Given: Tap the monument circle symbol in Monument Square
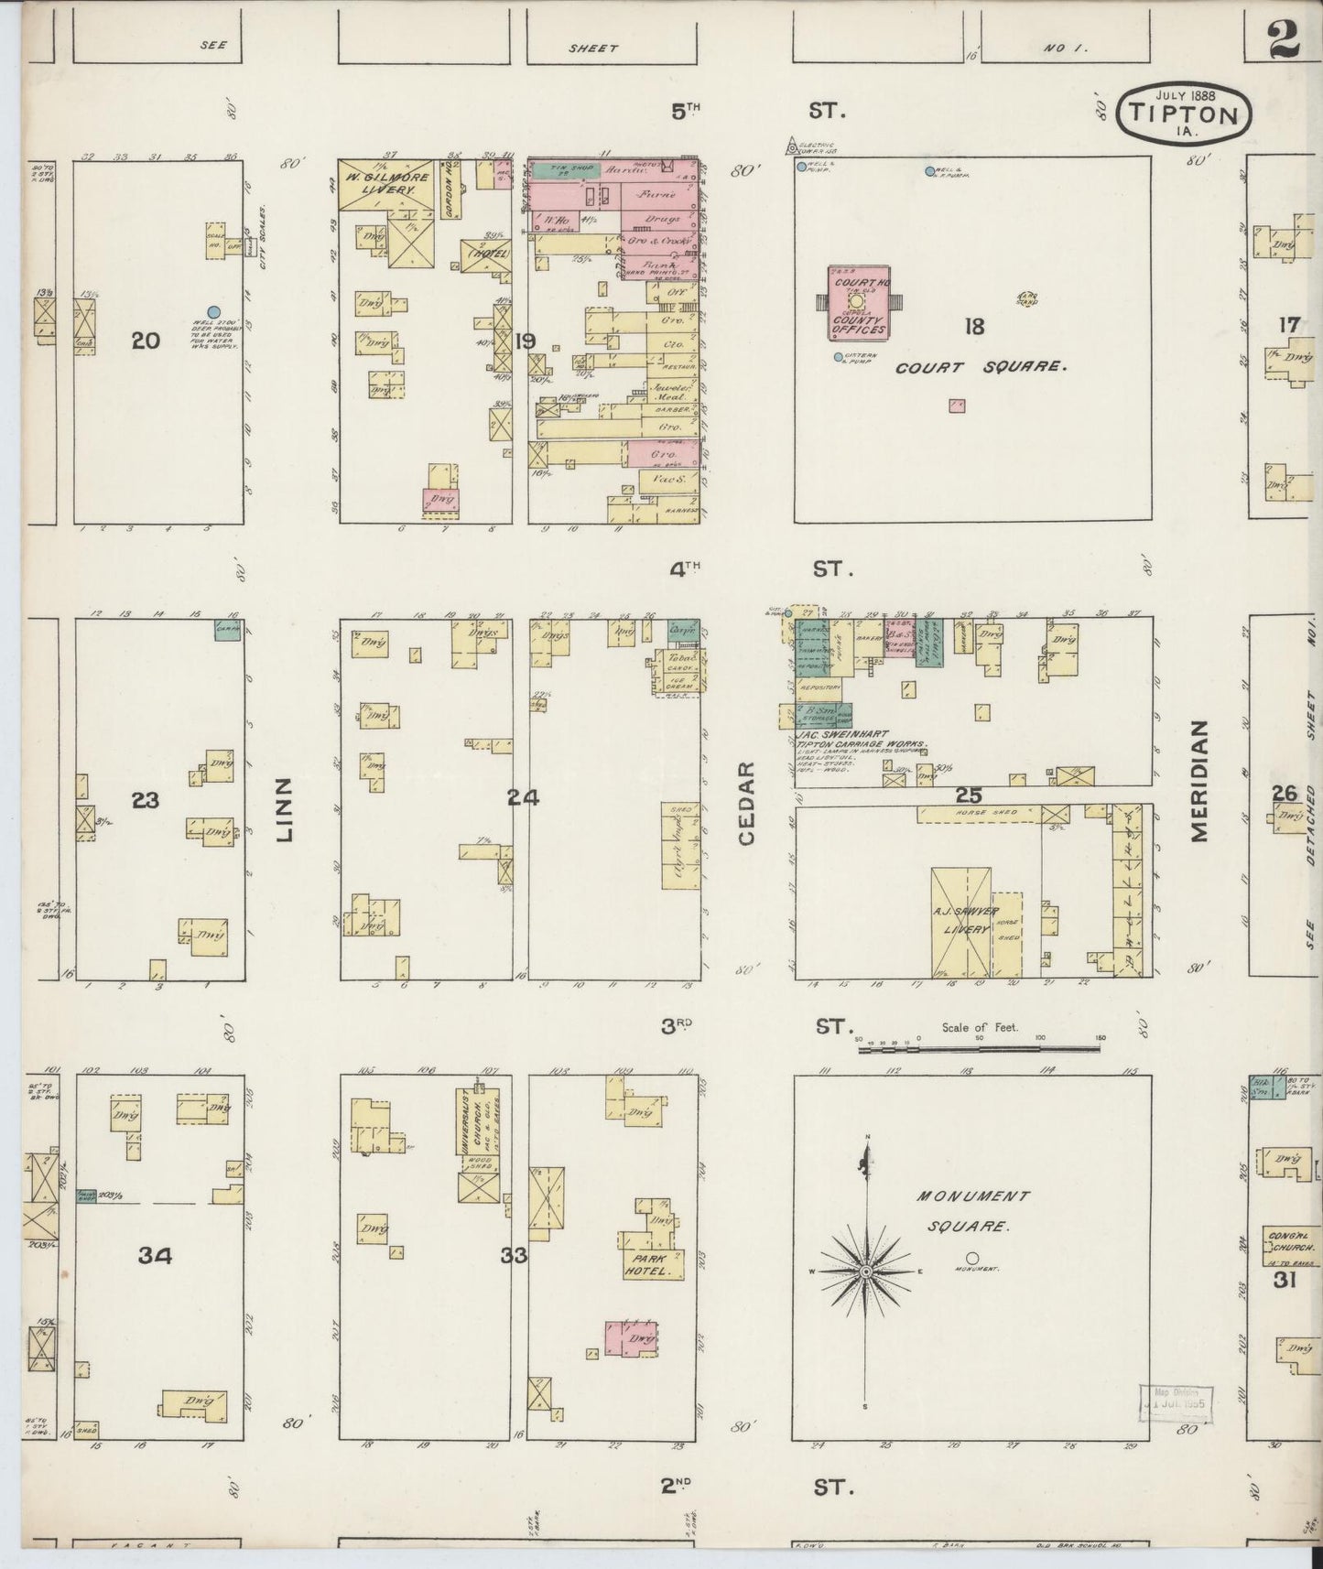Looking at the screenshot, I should tap(972, 1258).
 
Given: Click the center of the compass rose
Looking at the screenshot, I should tap(866, 1273).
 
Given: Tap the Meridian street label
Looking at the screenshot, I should tap(1201, 781).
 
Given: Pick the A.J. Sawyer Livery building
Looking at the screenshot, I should tap(961, 921).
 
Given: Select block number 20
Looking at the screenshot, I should tap(145, 341).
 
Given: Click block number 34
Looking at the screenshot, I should tap(155, 1256).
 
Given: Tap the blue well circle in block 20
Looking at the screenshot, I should tap(213, 312).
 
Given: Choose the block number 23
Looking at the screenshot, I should tap(145, 801).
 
